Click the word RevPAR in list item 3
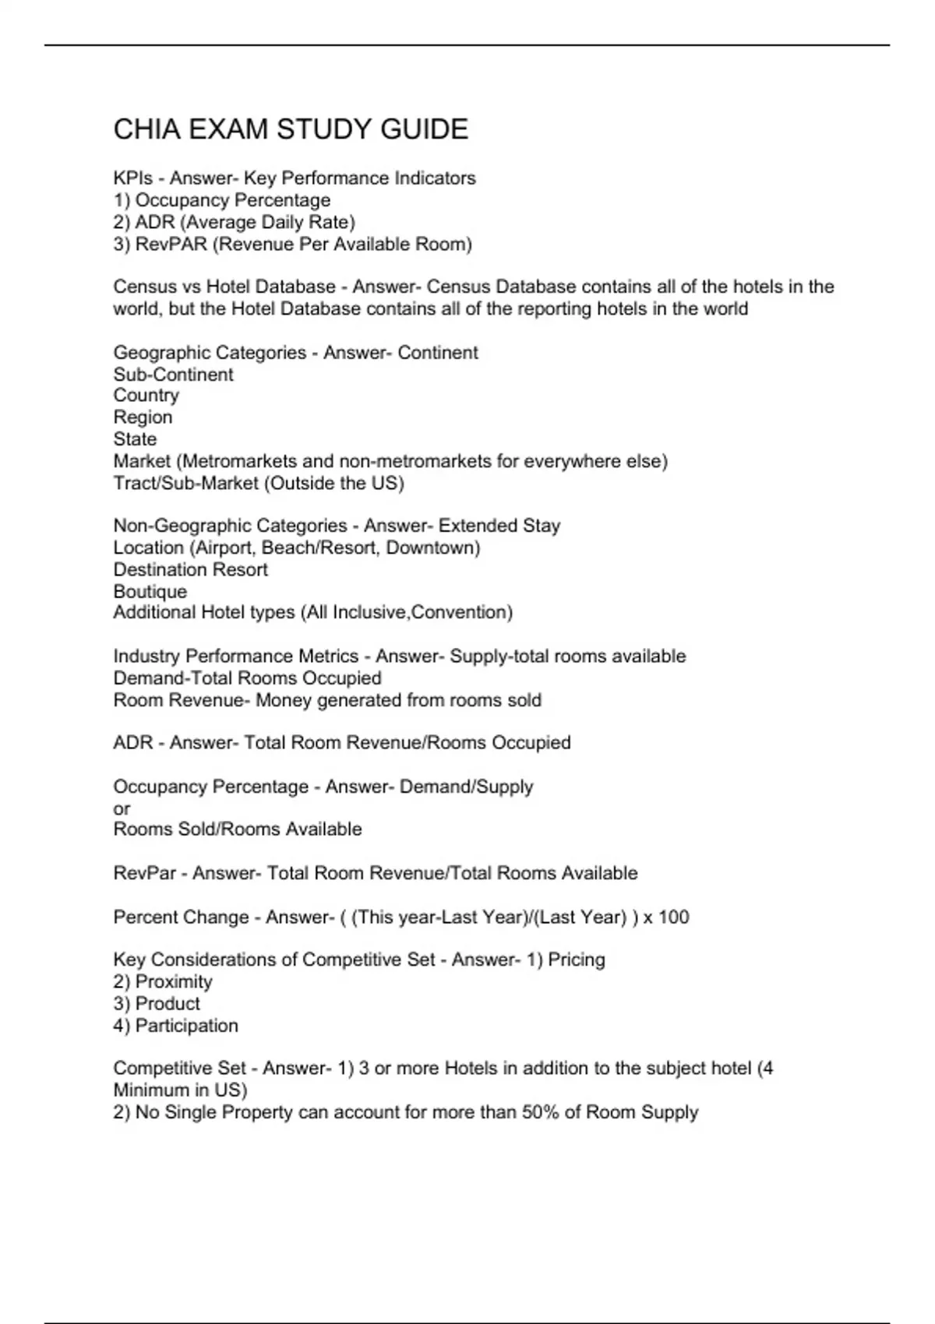click(x=171, y=245)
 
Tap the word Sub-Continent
click(x=173, y=375)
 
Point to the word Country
click(x=146, y=396)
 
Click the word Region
click(x=143, y=417)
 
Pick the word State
click(x=135, y=439)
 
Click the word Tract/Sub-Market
click(x=185, y=484)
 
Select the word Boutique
click(x=150, y=592)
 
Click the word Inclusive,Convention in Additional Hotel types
click(x=422, y=612)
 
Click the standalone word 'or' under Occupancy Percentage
click(x=122, y=808)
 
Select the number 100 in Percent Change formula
click(x=673, y=917)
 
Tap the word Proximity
click(x=173, y=982)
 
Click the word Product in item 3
click(x=167, y=1004)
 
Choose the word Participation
click(x=186, y=1026)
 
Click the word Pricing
click(x=576, y=960)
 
